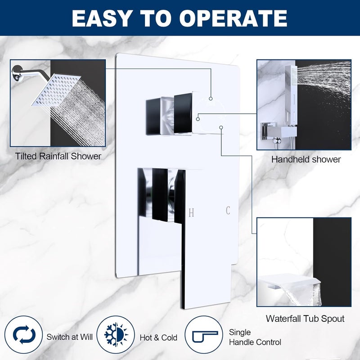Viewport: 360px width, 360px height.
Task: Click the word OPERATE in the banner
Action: pyautogui.click(x=233, y=18)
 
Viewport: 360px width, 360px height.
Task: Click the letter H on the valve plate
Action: pyautogui.click(x=191, y=213)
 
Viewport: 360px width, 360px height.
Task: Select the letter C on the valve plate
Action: pyautogui.click(x=228, y=210)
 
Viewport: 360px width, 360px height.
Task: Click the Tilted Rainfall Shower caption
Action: pyautogui.click(x=58, y=156)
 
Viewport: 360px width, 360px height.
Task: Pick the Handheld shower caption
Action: pyautogui.click(x=306, y=159)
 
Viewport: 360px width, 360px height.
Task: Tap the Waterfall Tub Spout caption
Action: pyautogui.click(x=305, y=319)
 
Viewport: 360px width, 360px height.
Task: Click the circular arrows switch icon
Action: pyautogui.click(x=24, y=334)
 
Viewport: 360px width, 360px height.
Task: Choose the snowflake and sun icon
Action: pyautogui.click(x=116, y=334)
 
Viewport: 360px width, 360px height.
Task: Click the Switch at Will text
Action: pyautogui.click(x=70, y=337)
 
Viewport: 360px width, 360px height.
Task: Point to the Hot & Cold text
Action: pyautogui.click(x=158, y=338)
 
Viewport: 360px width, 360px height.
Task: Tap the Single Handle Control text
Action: pyautogui.click(x=255, y=337)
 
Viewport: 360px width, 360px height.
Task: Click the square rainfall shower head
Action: pyautogui.click(x=56, y=90)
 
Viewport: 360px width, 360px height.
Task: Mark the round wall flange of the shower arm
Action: pyautogui.click(x=17, y=73)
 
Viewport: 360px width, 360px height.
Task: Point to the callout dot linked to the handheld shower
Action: pyautogui.click(x=198, y=119)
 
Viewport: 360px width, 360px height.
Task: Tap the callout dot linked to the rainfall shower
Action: pyautogui.click(x=211, y=99)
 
